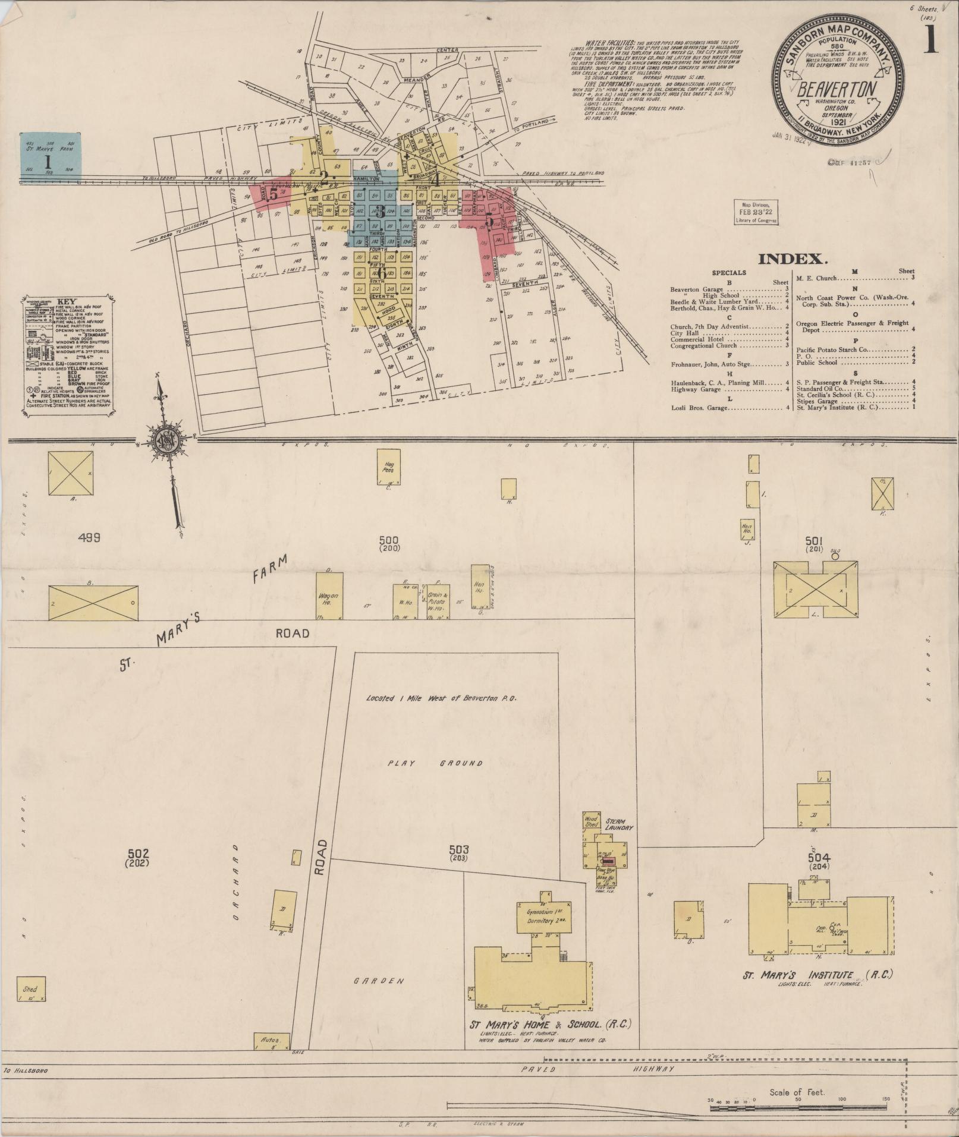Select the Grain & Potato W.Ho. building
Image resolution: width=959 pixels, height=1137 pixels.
coord(438,600)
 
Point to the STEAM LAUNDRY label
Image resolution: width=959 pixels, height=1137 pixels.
coord(618,824)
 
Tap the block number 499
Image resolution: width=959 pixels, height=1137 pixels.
coord(88,537)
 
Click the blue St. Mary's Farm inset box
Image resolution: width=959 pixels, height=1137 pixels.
coord(50,153)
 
